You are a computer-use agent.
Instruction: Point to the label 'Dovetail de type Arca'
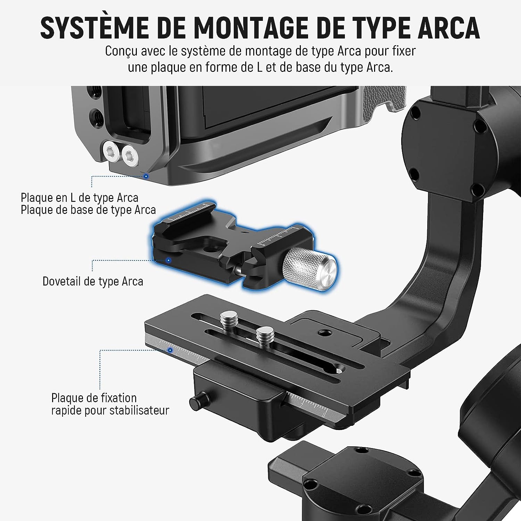point(93,281)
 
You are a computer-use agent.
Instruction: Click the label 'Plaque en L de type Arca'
point(80,198)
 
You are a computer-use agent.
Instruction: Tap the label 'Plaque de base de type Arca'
point(88,210)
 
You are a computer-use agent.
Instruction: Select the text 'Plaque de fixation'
point(94,398)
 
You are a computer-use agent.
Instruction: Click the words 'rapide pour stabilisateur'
point(110,410)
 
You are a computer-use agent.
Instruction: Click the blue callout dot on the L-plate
point(146,176)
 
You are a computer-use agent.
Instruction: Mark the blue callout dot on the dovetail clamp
point(169,260)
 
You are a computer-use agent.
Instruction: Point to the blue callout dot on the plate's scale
point(170,350)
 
